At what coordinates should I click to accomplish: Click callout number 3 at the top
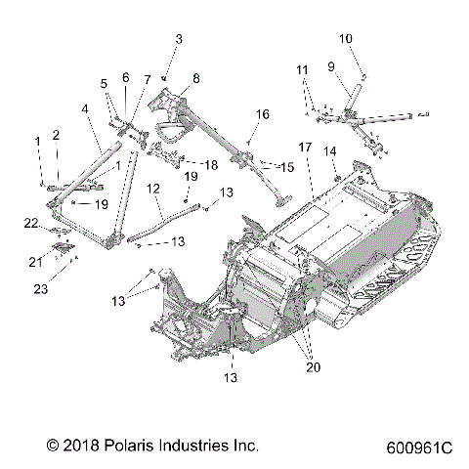(x=178, y=39)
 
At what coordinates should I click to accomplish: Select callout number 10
(x=345, y=39)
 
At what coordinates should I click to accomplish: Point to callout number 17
(x=305, y=147)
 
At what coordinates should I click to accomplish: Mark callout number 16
(x=262, y=114)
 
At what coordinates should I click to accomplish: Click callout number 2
(x=57, y=134)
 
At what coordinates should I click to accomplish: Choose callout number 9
(x=331, y=66)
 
